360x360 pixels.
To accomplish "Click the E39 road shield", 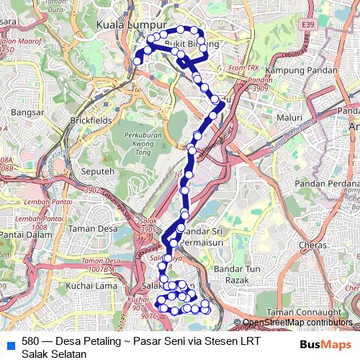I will (308, 24).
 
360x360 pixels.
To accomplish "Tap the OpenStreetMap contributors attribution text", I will (298, 323).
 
